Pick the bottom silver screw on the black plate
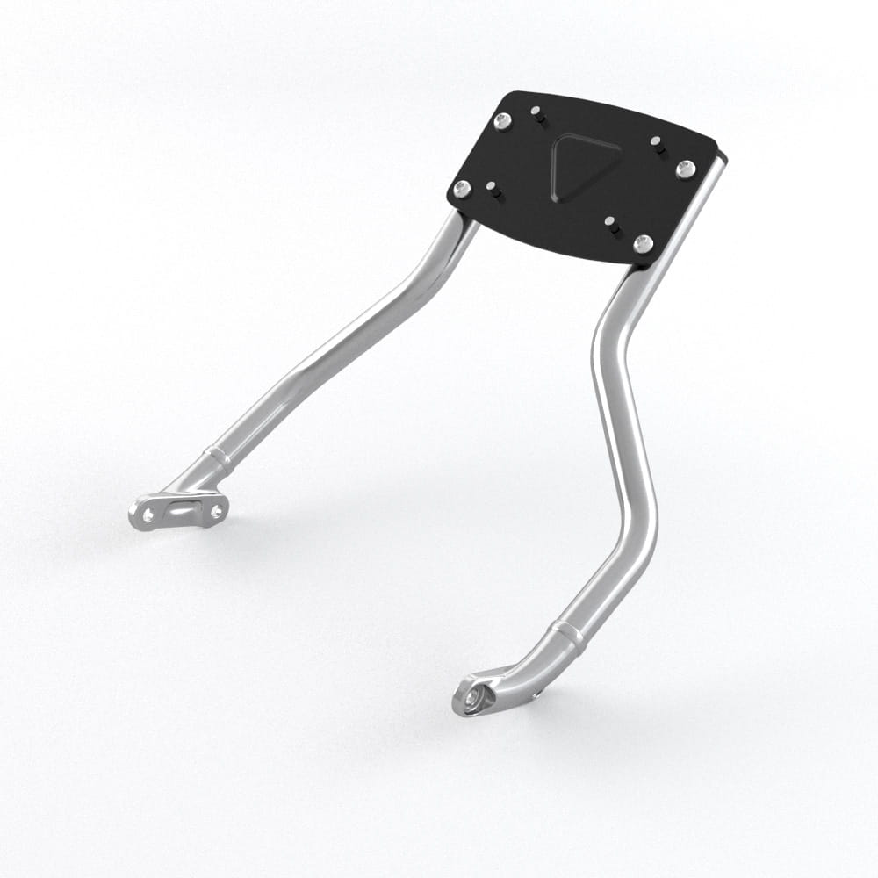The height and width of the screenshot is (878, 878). point(644,242)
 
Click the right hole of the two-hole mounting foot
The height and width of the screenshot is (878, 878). point(215,507)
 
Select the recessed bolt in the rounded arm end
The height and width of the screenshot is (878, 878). point(472,696)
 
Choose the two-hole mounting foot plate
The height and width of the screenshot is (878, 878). point(180,510)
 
